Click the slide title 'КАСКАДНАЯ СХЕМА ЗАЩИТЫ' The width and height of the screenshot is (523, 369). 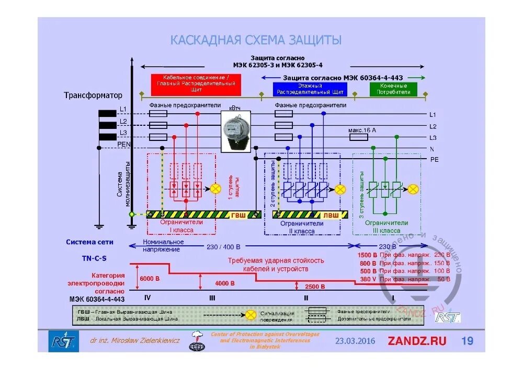point(256,40)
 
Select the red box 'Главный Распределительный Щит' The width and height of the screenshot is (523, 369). point(196,84)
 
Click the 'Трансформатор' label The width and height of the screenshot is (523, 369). point(93,96)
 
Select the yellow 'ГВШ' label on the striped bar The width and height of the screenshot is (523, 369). point(238,215)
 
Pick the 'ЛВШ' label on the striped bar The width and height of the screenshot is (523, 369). point(331,215)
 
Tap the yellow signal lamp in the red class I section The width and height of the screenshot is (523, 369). point(215,188)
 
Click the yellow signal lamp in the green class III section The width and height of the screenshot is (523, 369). point(413,188)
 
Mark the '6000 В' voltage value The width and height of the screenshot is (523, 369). point(150,279)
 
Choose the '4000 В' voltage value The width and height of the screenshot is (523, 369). point(225,283)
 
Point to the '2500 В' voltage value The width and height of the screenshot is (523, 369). point(315,287)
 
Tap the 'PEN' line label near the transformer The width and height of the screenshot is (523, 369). point(123,144)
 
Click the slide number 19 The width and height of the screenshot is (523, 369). point(467,341)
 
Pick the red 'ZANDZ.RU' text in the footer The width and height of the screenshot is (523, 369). point(417,341)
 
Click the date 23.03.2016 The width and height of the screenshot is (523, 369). point(355,341)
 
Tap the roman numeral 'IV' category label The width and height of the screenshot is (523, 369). point(147,297)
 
